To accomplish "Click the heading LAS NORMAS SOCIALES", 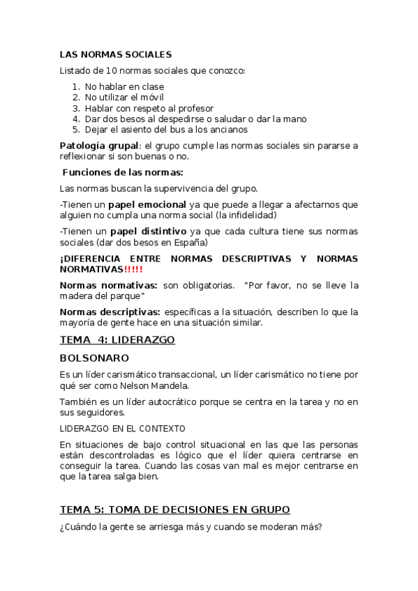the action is [115, 54].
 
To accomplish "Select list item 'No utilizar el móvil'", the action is [124, 98].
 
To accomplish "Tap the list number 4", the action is [75, 119].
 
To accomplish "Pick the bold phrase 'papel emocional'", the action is [147, 205].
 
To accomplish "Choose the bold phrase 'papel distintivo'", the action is [147, 231].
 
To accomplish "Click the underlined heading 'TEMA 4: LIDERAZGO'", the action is [117, 339].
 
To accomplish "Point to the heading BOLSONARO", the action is [94, 358].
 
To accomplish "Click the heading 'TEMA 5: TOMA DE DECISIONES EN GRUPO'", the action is [174, 509].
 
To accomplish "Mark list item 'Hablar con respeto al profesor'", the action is [149, 109].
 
